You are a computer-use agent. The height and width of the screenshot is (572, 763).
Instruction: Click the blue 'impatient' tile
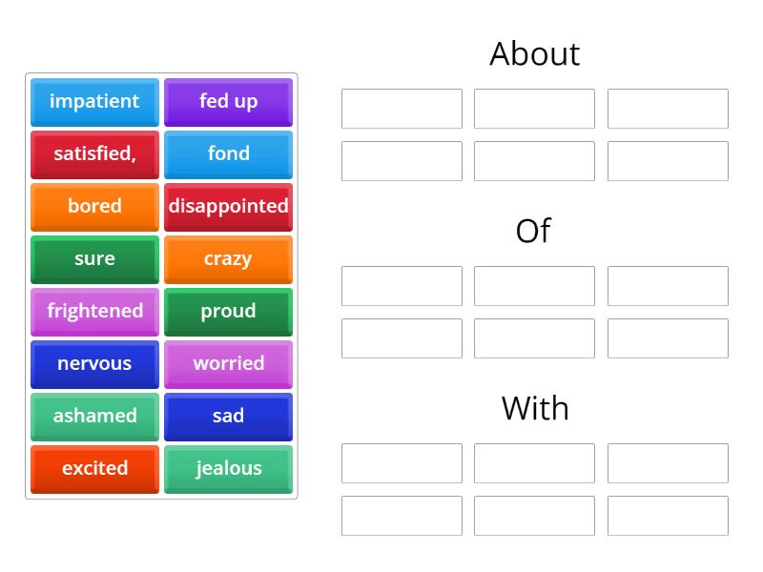pyautogui.click(x=94, y=102)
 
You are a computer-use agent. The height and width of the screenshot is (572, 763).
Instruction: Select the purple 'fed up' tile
pyautogui.click(x=228, y=102)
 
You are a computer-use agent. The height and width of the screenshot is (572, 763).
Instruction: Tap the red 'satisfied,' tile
pyautogui.click(x=94, y=154)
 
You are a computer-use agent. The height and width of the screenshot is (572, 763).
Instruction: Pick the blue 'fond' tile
pyautogui.click(x=228, y=154)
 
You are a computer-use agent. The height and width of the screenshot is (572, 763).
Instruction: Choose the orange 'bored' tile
pyautogui.click(x=94, y=207)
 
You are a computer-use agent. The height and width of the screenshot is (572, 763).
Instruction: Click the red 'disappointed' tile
pyautogui.click(x=228, y=207)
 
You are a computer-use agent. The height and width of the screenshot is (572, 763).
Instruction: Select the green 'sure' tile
pyautogui.click(x=94, y=259)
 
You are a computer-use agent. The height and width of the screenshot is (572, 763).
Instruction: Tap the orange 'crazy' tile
pyautogui.click(x=228, y=259)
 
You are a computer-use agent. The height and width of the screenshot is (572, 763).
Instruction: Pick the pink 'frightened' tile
pyautogui.click(x=94, y=313)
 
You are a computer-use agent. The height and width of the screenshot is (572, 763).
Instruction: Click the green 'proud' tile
pyautogui.click(x=228, y=313)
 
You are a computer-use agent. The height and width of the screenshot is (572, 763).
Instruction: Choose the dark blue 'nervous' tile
pyautogui.click(x=94, y=365)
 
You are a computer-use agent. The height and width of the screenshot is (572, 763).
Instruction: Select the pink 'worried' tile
pyautogui.click(x=228, y=365)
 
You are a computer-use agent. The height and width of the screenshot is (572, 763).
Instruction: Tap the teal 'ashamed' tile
pyautogui.click(x=94, y=418)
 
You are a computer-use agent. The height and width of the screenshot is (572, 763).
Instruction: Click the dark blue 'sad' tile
pyautogui.click(x=228, y=418)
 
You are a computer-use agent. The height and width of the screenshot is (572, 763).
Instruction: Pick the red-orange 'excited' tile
pyautogui.click(x=94, y=470)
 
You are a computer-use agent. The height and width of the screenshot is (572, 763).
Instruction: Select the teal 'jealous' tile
pyautogui.click(x=228, y=470)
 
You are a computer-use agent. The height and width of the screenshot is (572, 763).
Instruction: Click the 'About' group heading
pyautogui.click(x=535, y=53)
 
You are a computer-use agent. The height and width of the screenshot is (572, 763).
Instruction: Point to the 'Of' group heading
pyautogui.click(x=533, y=231)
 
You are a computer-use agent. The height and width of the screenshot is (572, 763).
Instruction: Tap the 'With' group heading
pyautogui.click(x=535, y=408)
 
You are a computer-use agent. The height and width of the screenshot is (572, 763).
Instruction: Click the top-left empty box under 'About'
pyautogui.click(x=402, y=109)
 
